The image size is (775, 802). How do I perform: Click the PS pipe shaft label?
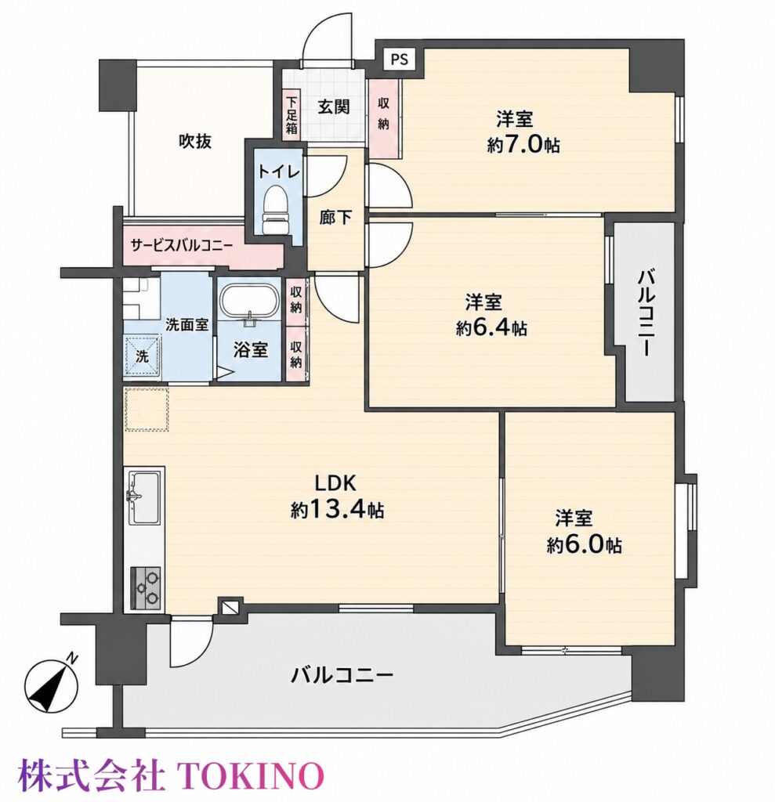[400, 60]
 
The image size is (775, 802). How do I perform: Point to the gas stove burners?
[147, 587]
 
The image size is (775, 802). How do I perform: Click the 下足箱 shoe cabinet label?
[292, 115]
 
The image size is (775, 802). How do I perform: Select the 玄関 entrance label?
[334, 107]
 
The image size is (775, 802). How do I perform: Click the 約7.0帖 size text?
[523, 146]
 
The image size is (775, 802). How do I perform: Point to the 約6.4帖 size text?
[491, 327]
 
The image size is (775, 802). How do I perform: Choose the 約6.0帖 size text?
[584, 546]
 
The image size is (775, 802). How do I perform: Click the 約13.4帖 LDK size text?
[338, 509]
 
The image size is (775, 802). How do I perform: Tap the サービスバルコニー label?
[182, 245]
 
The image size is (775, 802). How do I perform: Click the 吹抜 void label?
[195, 141]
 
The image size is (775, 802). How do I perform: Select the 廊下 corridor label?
[335, 218]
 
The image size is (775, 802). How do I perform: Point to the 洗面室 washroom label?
[187, 323]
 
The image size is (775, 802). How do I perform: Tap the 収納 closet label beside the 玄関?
[383, 114]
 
